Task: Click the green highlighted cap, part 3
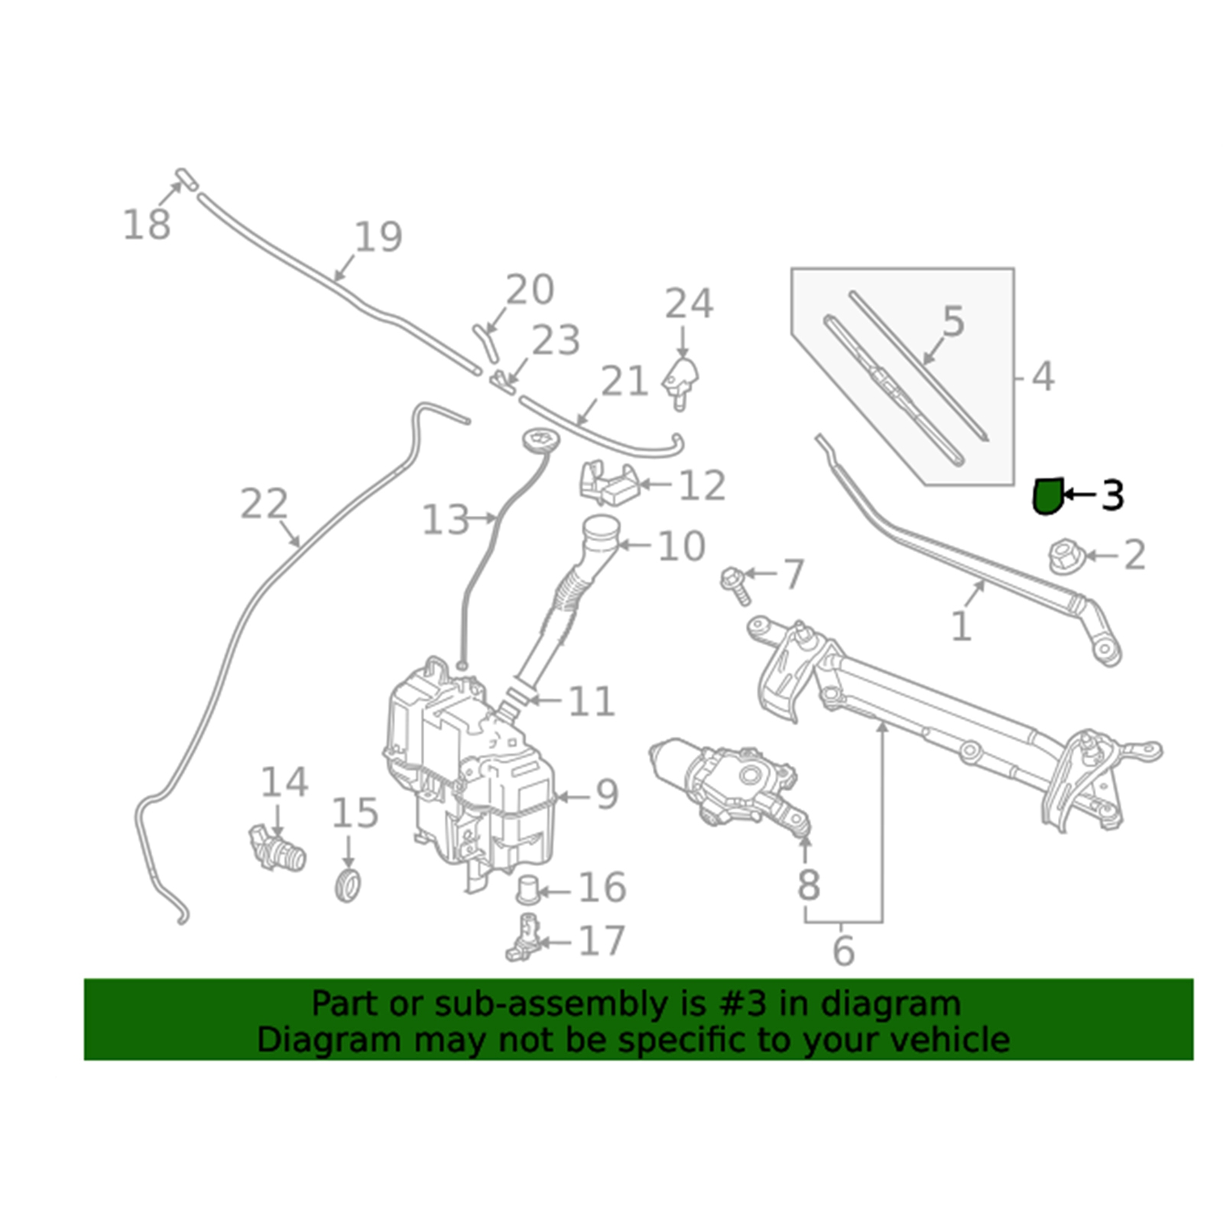(x=1047, y=495)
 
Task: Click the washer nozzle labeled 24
(x=681, y=382)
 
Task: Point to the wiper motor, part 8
(x=726, y=783)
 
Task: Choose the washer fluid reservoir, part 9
(x=466, y=772)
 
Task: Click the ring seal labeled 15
(x=349, y=884)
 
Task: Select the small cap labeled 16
(x=527, y=890)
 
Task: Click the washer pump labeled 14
(x=277, y=847)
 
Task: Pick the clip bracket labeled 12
(x=608, y=483)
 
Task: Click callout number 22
(x=264, y=504)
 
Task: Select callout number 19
(x=378, y=237)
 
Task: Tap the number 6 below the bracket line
(x=843, y=950)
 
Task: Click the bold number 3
(x=1113, y=495)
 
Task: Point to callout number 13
(x=446, y=521)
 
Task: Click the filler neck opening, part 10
(x=601, y=527)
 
